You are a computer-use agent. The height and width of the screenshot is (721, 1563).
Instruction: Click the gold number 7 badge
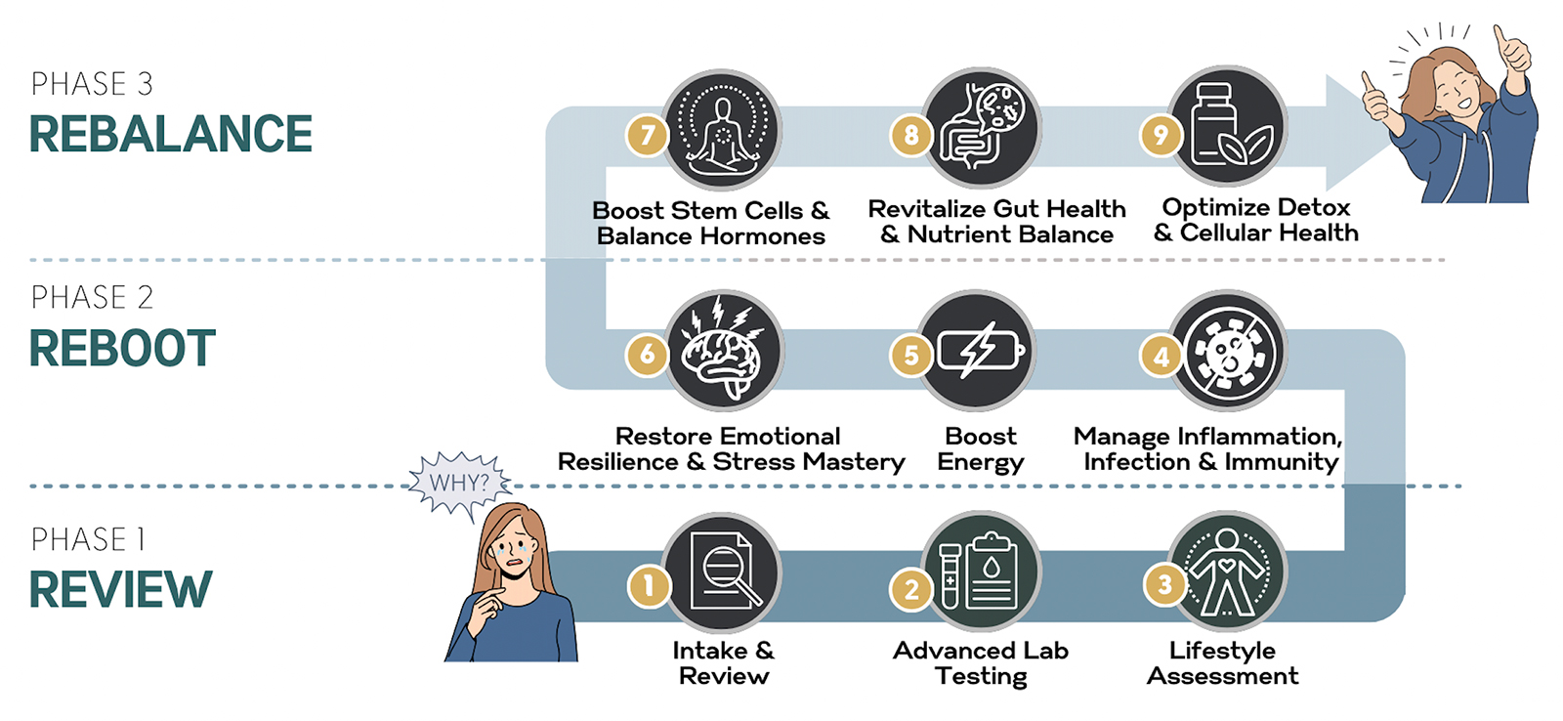click(x=647, y=135)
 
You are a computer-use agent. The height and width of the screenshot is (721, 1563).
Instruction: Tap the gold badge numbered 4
click(x=1162, y=356)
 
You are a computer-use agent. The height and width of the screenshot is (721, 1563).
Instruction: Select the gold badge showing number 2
click(x=911, y=590)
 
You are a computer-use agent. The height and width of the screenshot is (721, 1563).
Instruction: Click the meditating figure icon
click(x=722, y=129)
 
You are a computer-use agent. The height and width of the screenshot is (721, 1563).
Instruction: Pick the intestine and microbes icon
click(x=982, y=128)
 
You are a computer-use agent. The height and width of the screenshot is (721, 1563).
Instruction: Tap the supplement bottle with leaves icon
click(x=1229, y=126)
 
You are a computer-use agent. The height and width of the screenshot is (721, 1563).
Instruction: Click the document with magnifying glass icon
click(x=722, y=573)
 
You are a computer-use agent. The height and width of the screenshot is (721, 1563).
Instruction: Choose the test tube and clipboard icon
click(x=982, y=571)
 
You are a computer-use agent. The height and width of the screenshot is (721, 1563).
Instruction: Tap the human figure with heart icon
click(x=1227, y=571)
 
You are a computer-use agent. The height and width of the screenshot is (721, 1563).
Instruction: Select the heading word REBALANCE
click(x=171, y=134)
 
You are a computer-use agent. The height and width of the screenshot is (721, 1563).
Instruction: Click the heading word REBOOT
click(x=123, y=348)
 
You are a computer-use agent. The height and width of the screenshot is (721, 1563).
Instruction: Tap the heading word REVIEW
click(x=121, y=590)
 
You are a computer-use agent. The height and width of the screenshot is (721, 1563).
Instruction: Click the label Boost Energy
click(x=981, y=449)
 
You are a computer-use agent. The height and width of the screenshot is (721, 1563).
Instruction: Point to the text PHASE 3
click(x=92, y=84)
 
